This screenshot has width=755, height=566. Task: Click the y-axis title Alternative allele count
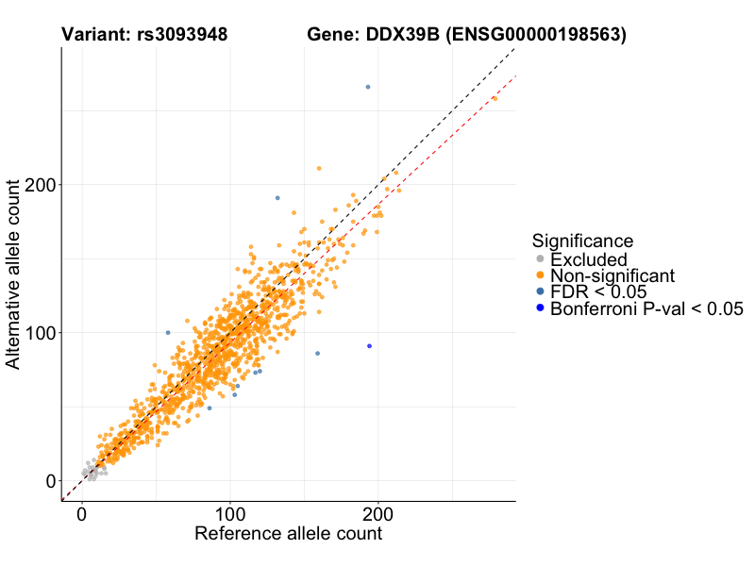(x=13, y=274)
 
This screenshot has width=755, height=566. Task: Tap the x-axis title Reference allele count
(x=288, y=534)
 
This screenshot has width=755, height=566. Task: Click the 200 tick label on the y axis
(x=40, y=185)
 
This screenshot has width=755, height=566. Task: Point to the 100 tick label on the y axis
(x=40, y=333)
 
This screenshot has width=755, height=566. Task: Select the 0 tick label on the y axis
(x=50, y=481)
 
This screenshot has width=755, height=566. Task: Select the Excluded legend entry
(x=588, y=259)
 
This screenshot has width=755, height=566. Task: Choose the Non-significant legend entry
(x=612, y=275)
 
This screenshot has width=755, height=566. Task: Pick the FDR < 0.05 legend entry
(x=597, y=291)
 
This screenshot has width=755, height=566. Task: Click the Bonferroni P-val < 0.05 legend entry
(x=646, y=308)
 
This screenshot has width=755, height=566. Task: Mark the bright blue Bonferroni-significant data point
(x=369, y=346)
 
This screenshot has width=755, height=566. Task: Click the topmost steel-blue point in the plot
(x=368, y=87)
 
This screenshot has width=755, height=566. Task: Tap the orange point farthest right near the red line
(x=495, y=98)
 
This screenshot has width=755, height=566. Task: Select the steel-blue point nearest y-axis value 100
(x=168, y=332)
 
